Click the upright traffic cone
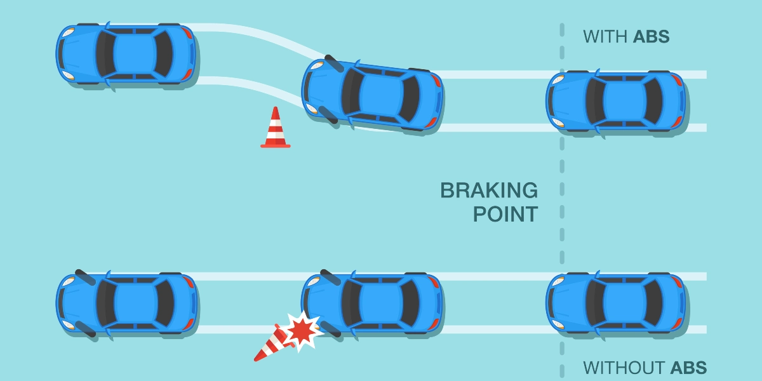tap(275, 128)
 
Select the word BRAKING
tap(489, 190)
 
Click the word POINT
tap(505, 214)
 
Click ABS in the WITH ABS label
tap(651, 37)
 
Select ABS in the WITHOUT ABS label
tap(688, 368)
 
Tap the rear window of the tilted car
tap(409, 98)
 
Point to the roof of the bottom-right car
tap(625, 302)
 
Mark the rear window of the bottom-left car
tap(164, 303)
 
